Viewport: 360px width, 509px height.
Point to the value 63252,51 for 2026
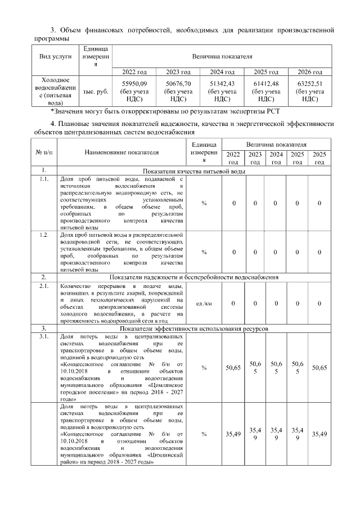click(x=310, y=84)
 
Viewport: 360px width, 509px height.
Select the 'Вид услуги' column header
click(x=55, y=57)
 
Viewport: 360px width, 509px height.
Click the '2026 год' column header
click(x=310, y=72)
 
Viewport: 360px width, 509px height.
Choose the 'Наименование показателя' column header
click(x=121, y=152)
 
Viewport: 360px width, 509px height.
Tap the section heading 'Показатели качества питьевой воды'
click(x=193, y=170)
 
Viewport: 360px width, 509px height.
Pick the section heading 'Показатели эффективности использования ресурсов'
click(x=193, y=328)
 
